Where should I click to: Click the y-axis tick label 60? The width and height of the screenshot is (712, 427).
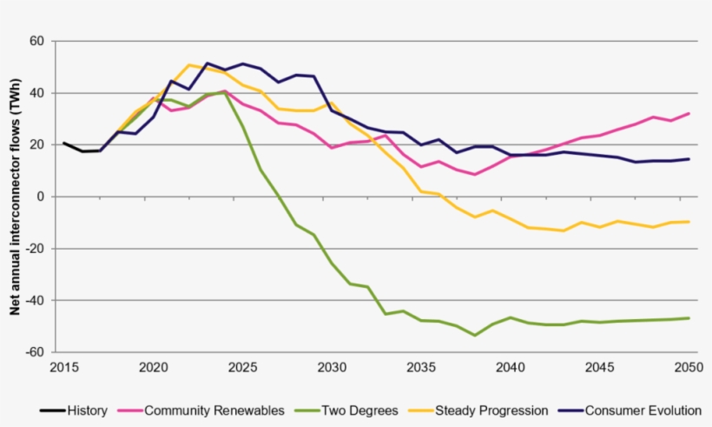[37, 41]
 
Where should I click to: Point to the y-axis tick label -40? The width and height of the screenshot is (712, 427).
[34, 300]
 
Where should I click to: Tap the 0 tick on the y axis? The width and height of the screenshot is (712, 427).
[41, 197]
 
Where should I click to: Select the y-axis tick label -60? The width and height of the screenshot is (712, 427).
[34, 352]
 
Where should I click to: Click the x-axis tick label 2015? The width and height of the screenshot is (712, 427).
[63, 367]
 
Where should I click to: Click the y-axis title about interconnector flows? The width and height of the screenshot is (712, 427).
[16, 197]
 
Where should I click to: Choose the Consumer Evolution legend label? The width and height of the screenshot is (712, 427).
[643, 410]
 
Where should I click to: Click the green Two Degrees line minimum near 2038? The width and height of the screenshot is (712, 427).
[474, 335]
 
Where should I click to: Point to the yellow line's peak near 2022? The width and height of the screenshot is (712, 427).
[189, 64]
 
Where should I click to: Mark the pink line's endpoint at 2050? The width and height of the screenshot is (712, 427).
[689, 113]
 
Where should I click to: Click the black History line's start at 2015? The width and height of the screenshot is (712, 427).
[63, 143]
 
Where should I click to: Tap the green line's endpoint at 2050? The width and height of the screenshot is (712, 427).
[689, 318]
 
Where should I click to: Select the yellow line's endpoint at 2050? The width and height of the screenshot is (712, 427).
[689, 222]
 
